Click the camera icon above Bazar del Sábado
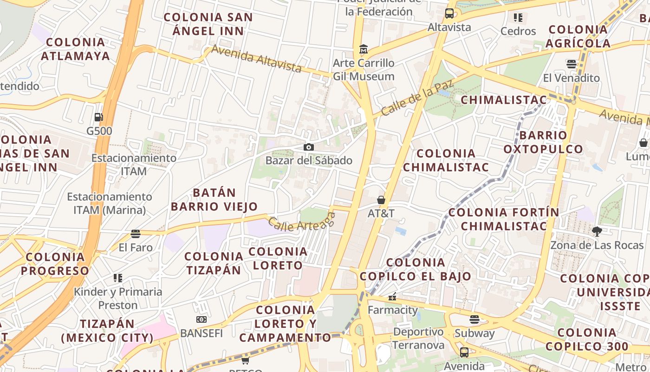pos(308,147)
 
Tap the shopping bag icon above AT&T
pos(381,200)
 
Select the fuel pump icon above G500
pos(98,117)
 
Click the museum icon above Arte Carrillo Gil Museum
pos(364,49)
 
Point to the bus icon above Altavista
pos(449,13)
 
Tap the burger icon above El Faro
pos(136,233)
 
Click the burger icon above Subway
pos(474,319)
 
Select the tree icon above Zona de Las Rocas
pos(597,231)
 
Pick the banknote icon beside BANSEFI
pos(201,319)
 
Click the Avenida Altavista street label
pos(256,58)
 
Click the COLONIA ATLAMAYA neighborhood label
pos(75,49)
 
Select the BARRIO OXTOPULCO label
pos(543,142)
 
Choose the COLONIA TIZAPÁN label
pos(214,263)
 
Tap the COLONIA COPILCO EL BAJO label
pos(416,269)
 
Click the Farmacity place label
pos(392,310)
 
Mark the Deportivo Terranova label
pos(418,338)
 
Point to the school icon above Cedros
pos(518,18)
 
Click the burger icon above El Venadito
pos(571,64)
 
